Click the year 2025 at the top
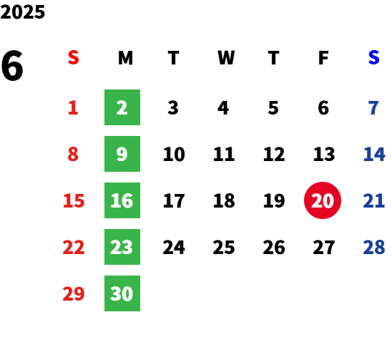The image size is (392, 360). (x=22, y=12)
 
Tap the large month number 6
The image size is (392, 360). (x=12, y=66)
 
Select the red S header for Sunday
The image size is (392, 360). (x=74, y=57)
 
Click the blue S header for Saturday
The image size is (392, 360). (x=373, y=57)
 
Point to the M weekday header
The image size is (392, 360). (x=125, y=58)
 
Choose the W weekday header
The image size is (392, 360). (x=226, y=58)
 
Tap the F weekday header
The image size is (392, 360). (x=323, y=58)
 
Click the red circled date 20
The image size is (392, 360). (x=323, y=200)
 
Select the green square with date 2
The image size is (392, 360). (x=122, y=107)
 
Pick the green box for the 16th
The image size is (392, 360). (x=122, y=200)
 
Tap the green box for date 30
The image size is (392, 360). (x=122, y=293)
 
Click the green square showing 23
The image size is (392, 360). (x=122, y=247)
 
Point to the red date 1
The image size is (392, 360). (x=73, y=108)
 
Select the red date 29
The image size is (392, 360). (x=74, y=293)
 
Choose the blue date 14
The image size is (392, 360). (x=374, y=154)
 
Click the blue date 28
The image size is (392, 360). (x=374, y=248)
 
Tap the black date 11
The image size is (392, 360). (x=224, y=154)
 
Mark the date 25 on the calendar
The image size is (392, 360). (x=224, y=248)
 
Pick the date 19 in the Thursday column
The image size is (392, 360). (x=274, y=200)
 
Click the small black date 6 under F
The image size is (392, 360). (x=323, y=108)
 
